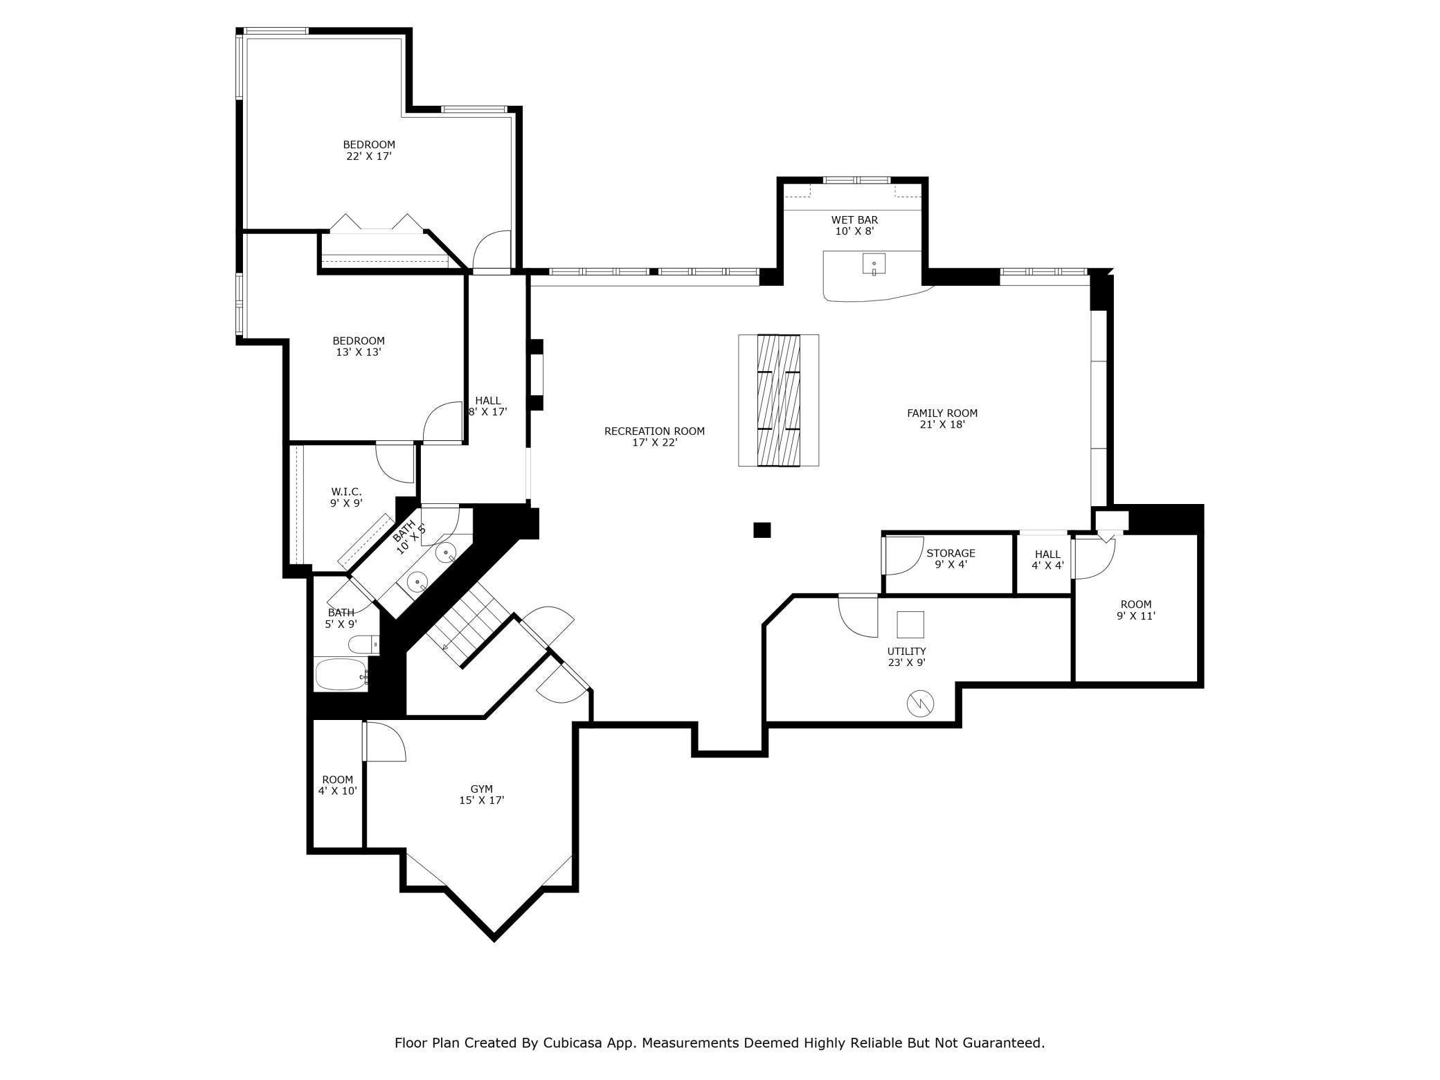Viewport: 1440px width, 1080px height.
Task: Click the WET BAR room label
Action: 854,226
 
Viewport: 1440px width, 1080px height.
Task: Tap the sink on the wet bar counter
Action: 874,264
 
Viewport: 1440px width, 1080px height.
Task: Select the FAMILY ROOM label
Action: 942,419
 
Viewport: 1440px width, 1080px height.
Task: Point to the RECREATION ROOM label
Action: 654,437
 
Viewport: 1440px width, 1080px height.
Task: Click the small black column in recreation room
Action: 762,530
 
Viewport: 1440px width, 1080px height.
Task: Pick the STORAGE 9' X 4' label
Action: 951,559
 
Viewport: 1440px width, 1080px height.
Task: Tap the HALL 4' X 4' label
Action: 1047,560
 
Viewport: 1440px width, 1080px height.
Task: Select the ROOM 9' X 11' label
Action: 1135,610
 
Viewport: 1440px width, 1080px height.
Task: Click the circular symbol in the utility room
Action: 920,704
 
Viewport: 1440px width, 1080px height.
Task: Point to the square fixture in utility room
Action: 910,624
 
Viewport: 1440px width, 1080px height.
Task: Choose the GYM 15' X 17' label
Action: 481,795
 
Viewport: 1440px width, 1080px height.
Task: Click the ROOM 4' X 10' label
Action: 337,785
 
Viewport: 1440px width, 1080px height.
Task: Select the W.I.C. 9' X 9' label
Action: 346,498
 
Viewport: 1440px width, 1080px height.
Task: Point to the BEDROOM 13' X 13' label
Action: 358,346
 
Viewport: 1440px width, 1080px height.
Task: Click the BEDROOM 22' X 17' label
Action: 369,150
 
